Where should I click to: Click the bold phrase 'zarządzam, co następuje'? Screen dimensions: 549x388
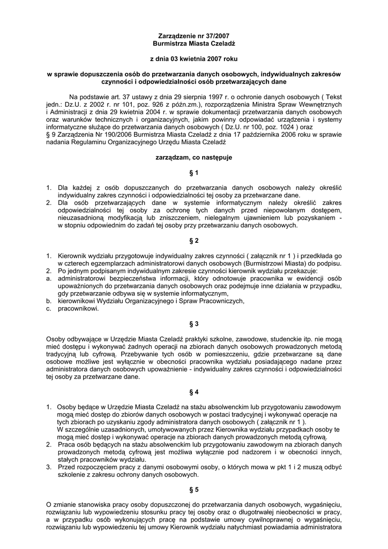pyautogui.click(x=194, y=158)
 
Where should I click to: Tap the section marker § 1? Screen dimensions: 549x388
pyautogui.click(x=194, y=173)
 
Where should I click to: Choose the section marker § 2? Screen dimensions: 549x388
pyautogui.click(x=194, y=240)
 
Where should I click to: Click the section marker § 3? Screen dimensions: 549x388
pyautogui.click(x=194, y=324)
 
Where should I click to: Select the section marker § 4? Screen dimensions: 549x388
pyautogui.click(x=194, y=391)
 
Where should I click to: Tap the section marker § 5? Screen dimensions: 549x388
pyautogui.click(x=194, y=489)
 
